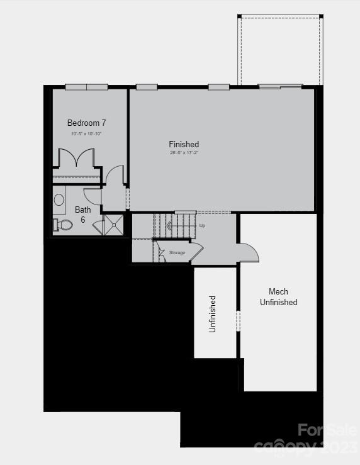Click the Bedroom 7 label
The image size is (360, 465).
point(86,123)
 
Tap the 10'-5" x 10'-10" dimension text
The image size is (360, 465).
point(86,134)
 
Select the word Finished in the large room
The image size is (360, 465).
point(184,145)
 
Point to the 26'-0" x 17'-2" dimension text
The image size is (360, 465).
point(184,154)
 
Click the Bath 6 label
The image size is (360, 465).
point(82,215)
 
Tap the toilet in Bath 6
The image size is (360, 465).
point(64,225)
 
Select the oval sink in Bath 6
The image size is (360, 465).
point(59,200)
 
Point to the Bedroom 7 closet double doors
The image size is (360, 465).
point(76,158)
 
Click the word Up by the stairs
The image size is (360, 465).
point(202,225)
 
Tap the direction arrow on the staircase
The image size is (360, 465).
point(168,226)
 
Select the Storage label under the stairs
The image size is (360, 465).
point(177,252)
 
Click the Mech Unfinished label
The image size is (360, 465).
point(278,296)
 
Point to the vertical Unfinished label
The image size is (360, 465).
point(212,313)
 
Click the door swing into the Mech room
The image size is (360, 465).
point(249,253)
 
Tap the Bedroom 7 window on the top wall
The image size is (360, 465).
point(86,87)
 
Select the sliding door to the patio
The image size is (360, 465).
point(280,87)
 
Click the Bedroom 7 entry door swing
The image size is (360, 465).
point(115,175)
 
